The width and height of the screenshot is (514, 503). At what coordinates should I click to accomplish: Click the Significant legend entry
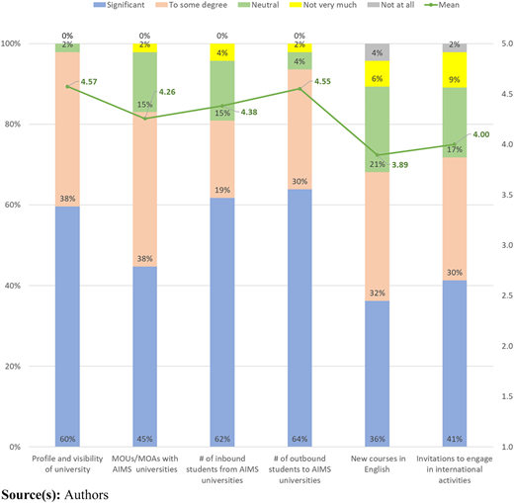[120, 5]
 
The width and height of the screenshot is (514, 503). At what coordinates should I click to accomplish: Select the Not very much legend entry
[324, 5]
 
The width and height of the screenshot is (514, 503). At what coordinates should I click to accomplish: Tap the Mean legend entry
[442, 5]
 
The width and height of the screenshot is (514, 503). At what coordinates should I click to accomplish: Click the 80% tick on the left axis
[13, 125]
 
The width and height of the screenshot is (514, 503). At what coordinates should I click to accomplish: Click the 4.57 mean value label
[89, 82]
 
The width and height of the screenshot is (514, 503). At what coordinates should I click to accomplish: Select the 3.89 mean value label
[399, 165]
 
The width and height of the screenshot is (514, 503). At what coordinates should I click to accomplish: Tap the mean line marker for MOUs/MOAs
[145, 119]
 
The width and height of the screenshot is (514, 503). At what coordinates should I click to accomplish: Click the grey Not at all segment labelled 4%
[377, 52]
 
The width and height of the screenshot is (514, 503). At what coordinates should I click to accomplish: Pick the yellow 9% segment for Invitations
[455, 70]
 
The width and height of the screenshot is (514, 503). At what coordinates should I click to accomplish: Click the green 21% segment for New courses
[377, 129]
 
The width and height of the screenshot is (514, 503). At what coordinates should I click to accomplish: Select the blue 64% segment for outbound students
[300, 318]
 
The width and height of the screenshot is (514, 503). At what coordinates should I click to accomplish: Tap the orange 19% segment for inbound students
[222, 159]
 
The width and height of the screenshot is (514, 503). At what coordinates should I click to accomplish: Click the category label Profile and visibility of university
[67, 463]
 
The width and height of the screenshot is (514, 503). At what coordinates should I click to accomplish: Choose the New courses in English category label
[378, 463]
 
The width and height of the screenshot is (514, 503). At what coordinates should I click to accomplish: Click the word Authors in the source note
[86, 495]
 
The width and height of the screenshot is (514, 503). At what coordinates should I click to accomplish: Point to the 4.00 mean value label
[481, 134]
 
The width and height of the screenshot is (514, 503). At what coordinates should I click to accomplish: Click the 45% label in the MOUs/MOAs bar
[145, 439]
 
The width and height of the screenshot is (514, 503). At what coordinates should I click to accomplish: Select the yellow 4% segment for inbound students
[222, 52]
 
